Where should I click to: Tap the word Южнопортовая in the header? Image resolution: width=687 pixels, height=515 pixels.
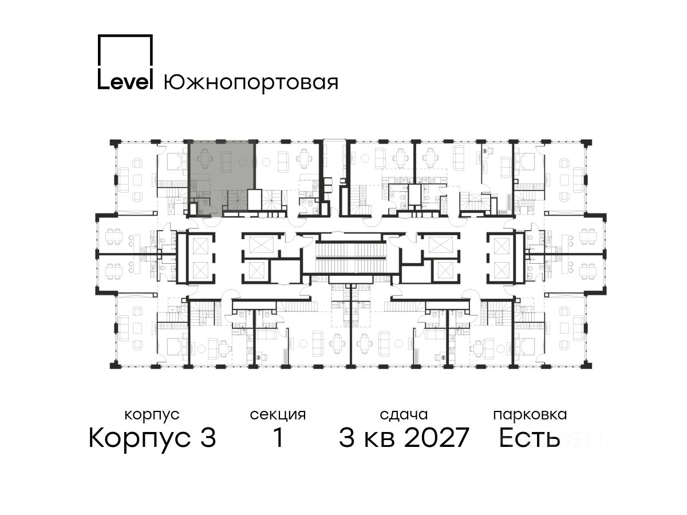251,82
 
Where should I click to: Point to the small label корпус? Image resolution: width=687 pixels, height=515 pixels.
152,415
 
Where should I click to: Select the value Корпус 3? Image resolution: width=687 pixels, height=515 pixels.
152,438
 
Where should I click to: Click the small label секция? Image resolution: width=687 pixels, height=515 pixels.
278,415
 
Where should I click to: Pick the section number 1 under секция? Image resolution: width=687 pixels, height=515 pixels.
278,438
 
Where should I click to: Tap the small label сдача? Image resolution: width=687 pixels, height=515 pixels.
404,415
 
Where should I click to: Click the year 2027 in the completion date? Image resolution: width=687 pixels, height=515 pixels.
436,438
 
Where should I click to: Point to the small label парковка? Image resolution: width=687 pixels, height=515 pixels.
530,415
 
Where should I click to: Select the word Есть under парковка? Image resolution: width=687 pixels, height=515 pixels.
530,438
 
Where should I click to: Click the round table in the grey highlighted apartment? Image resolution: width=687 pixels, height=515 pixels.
243,162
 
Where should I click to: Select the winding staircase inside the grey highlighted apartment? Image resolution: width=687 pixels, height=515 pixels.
234,200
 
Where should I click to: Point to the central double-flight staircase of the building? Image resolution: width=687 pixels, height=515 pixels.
350,258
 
